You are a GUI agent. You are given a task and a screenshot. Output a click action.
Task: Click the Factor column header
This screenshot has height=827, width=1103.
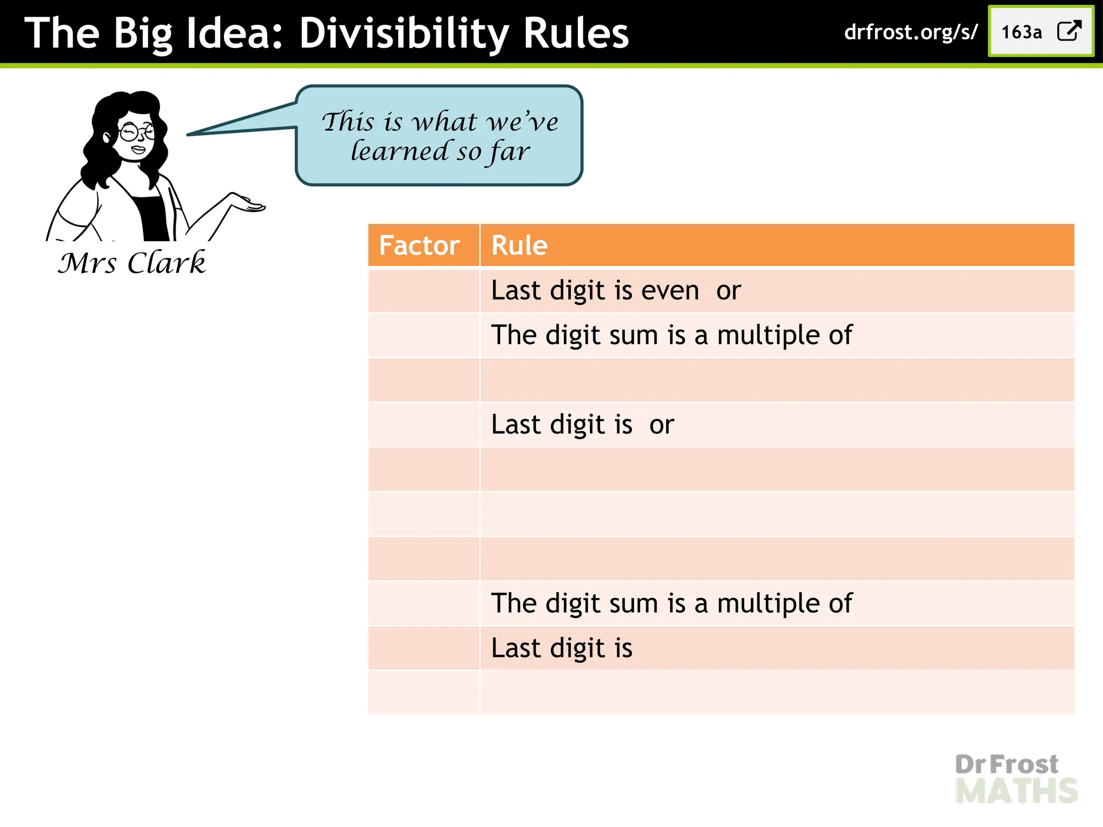(x=419, y=246)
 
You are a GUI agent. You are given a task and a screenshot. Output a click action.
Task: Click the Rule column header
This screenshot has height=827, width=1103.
(x=519, y=246)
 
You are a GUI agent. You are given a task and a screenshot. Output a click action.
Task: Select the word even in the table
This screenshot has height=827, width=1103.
(x=670, y=291)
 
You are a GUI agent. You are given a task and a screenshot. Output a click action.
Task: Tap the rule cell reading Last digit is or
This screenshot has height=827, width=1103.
(x=582, y=425)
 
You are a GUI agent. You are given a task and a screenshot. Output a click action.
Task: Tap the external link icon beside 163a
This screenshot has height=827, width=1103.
(x=1069, y=31)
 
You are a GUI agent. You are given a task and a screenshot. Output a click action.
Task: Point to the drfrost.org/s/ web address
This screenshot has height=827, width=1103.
(x=910, y=32)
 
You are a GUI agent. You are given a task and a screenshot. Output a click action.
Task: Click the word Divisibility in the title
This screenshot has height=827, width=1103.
(x=403, y=33)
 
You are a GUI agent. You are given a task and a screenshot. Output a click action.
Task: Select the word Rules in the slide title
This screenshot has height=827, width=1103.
(x=576, y=33)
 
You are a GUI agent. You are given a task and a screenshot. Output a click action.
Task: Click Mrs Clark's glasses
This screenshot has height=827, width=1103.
(x=135, y=131)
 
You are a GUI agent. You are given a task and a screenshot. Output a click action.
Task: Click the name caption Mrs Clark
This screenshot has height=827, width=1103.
(x=132, y=263)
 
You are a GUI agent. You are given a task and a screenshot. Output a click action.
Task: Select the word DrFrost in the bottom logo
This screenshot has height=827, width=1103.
(x=1006, y=765)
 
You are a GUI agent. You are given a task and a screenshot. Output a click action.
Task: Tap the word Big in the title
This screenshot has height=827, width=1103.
(x=142, y=33)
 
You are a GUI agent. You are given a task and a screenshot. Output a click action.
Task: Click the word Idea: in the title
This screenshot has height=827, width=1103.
(x=235, y=33)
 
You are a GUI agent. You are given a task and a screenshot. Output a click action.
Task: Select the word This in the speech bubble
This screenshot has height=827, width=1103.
(x=348, y=122)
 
